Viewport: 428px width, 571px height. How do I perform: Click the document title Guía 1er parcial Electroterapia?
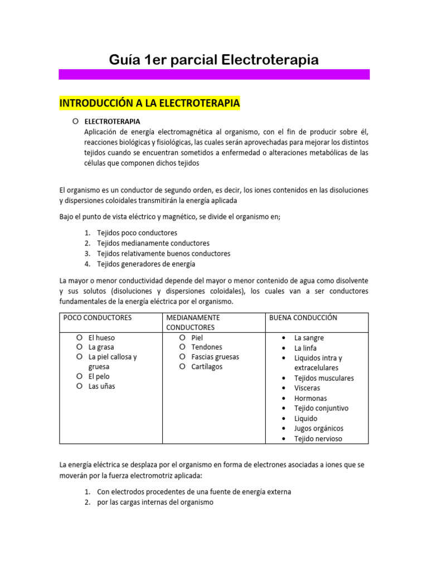coord(213,59)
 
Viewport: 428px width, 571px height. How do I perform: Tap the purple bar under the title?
coord(214,74)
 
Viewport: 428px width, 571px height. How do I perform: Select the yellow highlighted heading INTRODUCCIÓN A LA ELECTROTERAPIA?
coord(149,103)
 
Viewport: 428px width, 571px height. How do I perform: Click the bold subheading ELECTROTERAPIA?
coord(112,121)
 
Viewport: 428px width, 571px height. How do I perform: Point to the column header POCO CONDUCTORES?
coord(98,317)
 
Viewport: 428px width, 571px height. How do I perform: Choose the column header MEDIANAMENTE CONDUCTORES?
coord(190,322)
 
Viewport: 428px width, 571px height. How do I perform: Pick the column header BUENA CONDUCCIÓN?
coord(303,317)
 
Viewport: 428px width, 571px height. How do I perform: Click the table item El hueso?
coord(101,337)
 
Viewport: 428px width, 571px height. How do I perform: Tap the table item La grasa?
coord(101,347)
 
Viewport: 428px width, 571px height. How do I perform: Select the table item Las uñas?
coord(101,386)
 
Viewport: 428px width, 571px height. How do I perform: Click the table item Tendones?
coord(206,347)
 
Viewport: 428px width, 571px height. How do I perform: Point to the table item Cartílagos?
coord(207,366)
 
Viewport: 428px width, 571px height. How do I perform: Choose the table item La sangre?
coord(309,338)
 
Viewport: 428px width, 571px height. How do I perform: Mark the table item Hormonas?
coord(310,398)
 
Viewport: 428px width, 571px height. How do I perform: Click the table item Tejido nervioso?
coord(318,438)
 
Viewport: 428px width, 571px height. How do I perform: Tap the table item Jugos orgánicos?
coord(319,428)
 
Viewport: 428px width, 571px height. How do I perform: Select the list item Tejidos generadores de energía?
coord(146,264)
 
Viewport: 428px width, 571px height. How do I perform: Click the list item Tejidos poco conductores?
coord(137,233)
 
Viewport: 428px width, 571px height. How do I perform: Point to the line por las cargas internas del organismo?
coord(155,502)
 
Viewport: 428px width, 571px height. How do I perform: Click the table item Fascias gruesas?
coord(215,357)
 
